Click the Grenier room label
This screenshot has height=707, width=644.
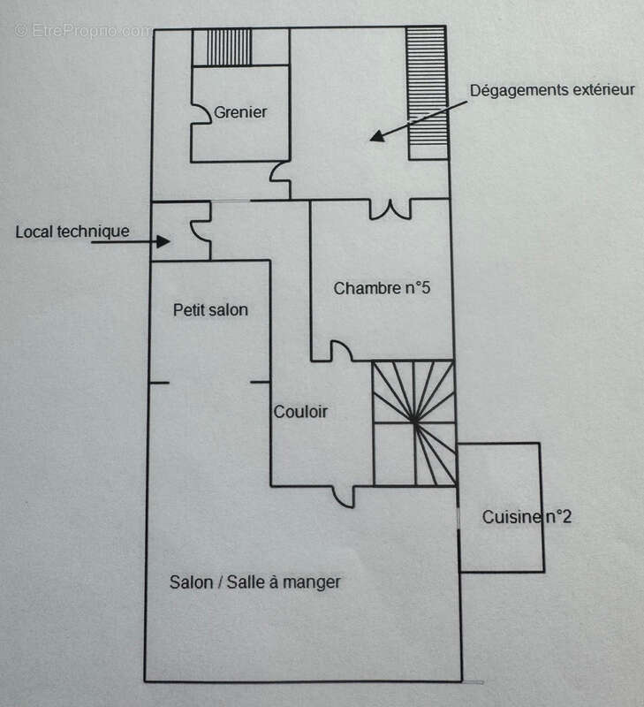pyautogui.click(x=240, y=112)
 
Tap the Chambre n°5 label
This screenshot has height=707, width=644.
pyautogui.click(x=381, y=288)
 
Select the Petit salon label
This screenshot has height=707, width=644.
pyautogui.click(x=210, y=310)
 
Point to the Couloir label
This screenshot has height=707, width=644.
pyautogui.click(x=300, y=412)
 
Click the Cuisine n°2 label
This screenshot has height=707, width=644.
pyautogui.click(x=527, y=517)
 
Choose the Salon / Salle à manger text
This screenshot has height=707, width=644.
pyautogui.click(x=255, y=582)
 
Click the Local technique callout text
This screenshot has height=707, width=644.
pyautogui.click(x=72, y=232)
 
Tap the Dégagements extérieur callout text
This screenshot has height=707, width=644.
pyautogui.click(x=552, y=89)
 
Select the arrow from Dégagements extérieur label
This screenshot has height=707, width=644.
pyautogui.click(x=416, y=118)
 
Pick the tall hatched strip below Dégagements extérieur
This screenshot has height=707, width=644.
pyautogui.click(x=427, y=93)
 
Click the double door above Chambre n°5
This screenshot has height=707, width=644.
pyautogui.click(x=390, y=209)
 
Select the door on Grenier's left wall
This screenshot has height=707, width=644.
pyautogui.click(x=201, y=113)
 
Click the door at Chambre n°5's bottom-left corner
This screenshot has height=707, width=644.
pyautogui.click(x=340, y=352)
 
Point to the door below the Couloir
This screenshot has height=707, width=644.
pyautogui.click(x=339, y=495)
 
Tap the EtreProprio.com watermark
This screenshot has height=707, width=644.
pyautogui.click(x=83, y=31)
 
